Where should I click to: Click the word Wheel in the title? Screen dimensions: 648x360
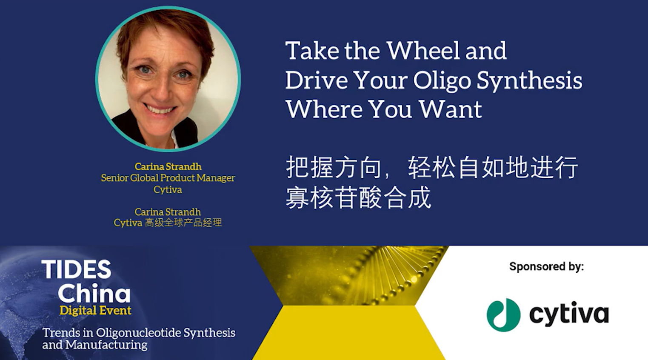(x=423, y=51)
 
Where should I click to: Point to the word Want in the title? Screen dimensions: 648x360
(x=450, y=110)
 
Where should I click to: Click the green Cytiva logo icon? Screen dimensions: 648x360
(x=504, y=315)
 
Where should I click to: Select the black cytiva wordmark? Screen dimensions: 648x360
(x=569, y=314)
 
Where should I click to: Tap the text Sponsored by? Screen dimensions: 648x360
(x=546, y=266)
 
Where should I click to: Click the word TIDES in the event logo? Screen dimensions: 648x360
(x=76, y=269)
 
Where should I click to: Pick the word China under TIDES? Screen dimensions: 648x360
(x=94, y=293)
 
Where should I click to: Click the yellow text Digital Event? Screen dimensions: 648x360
(x=95, y=311)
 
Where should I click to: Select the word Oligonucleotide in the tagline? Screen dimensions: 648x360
(x=138, y=333)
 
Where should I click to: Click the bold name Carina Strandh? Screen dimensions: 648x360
(x=168, y=167)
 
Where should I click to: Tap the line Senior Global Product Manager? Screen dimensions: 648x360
(x=168, y=178)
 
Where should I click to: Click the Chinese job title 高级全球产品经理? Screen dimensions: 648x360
(x=183, y=223)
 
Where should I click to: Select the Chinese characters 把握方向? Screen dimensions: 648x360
(x=334, y=168)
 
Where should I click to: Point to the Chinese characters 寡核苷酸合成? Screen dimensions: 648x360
(x=358, y=197)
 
